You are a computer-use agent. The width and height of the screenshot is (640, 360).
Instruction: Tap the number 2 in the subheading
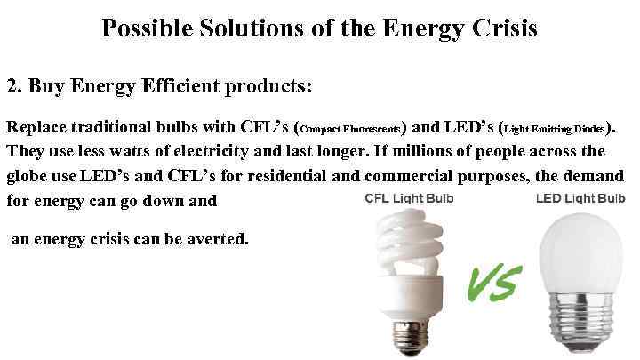pos(12,86)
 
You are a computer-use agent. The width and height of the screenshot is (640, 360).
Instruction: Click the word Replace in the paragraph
pos(36,126)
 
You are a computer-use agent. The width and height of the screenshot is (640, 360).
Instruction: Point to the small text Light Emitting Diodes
pos(556,128)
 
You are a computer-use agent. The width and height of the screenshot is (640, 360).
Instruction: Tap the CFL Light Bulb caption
pos(410,198)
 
